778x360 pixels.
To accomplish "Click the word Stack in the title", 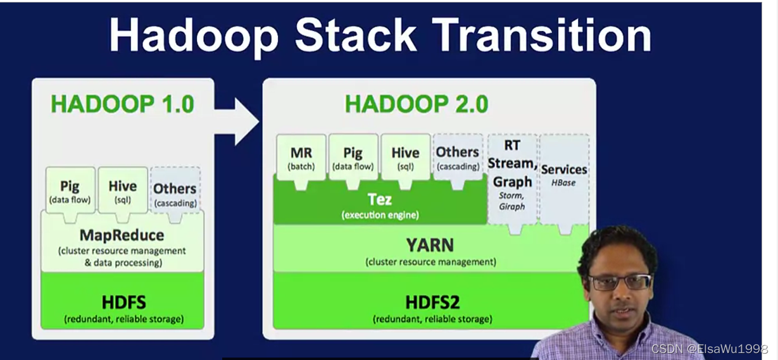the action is point(355,35).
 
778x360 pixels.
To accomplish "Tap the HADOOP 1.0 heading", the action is point(122,104).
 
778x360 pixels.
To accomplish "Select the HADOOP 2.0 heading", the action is point(417,104).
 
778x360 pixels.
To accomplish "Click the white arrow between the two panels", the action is point(237,121).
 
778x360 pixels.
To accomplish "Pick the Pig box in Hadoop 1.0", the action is point(70,190).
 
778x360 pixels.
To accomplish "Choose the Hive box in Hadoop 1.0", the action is point(123,190).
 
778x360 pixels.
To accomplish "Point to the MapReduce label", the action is point(122,235).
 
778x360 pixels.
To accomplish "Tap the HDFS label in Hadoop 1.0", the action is point(123,302).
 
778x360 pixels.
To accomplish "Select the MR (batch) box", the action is point(301,158).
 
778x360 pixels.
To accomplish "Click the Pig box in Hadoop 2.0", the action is point(353,158).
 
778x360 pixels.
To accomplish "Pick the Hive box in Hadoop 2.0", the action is point(405,158).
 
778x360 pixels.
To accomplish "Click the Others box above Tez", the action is point(458,158).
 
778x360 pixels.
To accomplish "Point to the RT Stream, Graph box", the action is point(512,179).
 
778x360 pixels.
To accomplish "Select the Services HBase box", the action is point(565,179).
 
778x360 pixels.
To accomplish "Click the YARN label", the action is point(430,245).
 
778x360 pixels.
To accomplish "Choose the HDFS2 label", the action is point(432,302).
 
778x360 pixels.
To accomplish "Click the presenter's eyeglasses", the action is point(620,282).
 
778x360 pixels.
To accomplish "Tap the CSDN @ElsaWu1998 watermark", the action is point(709,349).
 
